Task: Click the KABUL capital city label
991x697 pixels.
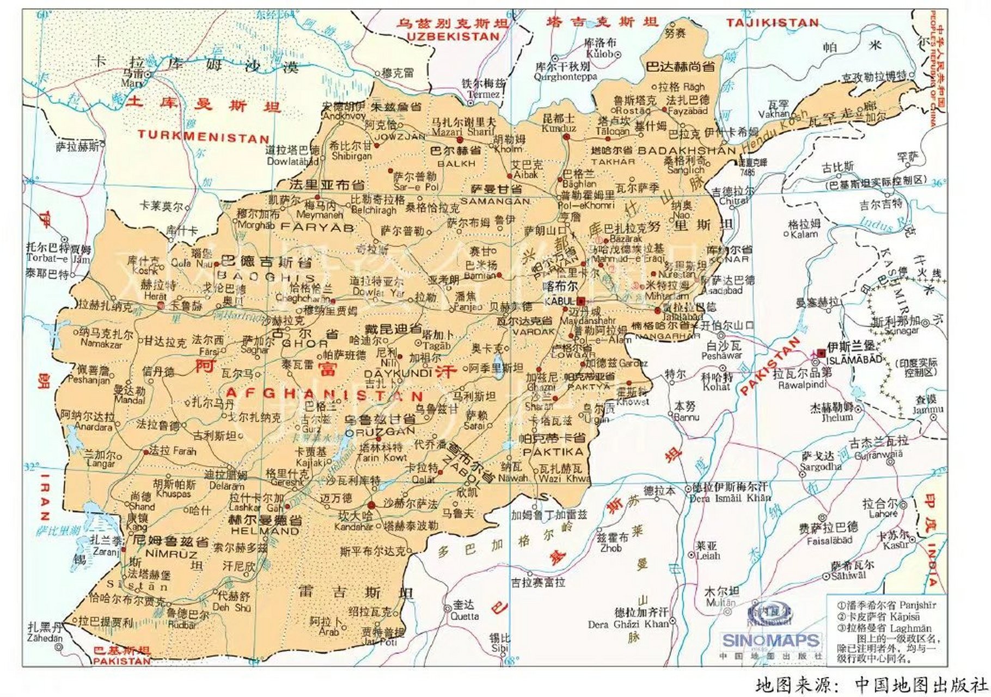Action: coord(559,302)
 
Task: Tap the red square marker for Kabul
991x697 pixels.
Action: coord(581,301)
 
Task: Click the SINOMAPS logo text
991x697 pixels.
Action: coord(770,640)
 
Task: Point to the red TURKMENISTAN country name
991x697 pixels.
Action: coord(203,137)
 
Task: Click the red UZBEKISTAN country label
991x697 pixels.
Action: coord(453,36)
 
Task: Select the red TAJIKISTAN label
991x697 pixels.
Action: coord(772,23)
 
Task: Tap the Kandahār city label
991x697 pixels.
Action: coord(354,527)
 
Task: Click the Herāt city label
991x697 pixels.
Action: coord(155,296)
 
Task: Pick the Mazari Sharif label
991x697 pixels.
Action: coord(463,131)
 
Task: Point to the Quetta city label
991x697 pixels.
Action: coord(464,616)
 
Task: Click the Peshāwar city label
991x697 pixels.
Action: coord(721,355)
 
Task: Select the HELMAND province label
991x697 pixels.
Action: coord(265,530)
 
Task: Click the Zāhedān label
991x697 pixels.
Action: coord(45,638)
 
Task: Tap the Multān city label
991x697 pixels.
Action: coord(720,602)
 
